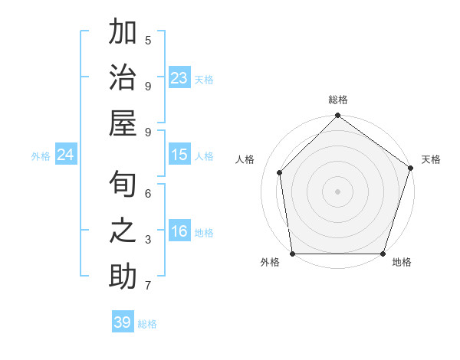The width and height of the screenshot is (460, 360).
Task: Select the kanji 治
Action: [x=123, y=78]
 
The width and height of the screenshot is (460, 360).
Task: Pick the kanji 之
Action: [x=123, y=231]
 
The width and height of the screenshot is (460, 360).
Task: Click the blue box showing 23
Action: [x=179, y=78]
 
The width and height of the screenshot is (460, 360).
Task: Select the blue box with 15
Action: [x=179, y=155]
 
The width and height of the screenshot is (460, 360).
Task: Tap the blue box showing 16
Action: [x=179, y=231]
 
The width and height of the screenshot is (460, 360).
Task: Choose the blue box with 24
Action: [x=66, y=155]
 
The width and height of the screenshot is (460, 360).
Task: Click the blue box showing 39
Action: [x=122, y=322]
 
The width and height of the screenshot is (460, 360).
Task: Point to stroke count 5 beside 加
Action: [x=148, y=41]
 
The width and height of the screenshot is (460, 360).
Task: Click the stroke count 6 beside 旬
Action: [x=148, y=194]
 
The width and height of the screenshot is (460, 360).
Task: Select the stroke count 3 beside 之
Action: [x=148, y=240]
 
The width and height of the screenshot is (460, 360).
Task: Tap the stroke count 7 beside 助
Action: [x=148, y=286]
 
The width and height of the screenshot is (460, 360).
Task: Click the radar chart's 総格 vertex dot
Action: [x=337, y=116]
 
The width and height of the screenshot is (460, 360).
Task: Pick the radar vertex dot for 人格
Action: [x=280, y=172]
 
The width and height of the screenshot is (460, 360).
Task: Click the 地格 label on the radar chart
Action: [x=402, y=263]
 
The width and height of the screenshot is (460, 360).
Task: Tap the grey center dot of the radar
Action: [x=337, y=191]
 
